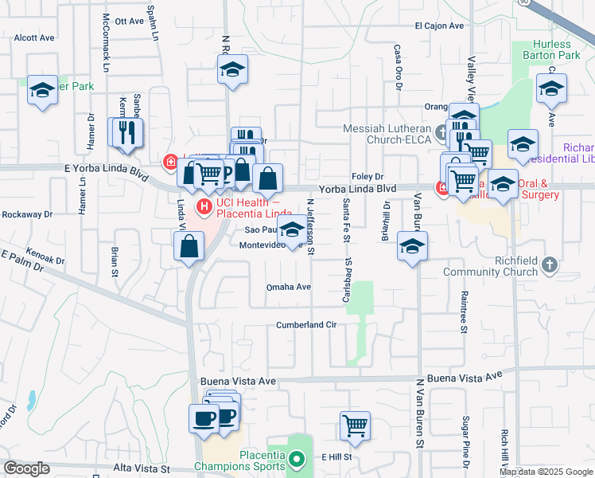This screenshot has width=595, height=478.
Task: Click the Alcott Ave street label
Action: click(34, 37)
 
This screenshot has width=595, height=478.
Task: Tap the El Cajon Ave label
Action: click(438, 25)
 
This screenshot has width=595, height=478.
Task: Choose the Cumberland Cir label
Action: click(307, 325)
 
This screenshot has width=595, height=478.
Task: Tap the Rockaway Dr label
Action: click(26, 214)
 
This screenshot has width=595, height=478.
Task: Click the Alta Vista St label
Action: click(142, 469)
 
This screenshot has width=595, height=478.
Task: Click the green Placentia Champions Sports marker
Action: click(296, 458)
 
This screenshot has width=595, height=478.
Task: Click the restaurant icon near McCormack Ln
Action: click(126, 133)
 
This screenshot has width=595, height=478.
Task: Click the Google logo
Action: click(26, 468)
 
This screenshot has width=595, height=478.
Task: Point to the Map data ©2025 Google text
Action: click(546, 472)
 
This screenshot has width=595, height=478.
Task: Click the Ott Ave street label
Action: click(128, 22)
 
